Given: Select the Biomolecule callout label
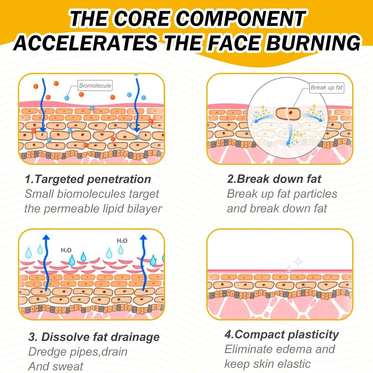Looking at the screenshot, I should tap(95, 85).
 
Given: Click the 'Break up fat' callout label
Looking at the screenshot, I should tap(326, 88).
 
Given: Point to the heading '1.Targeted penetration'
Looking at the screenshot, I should tap(88, 179).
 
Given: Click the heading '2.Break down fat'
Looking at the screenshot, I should tap(274, 179).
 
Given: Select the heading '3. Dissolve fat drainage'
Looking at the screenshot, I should tap(94, 337).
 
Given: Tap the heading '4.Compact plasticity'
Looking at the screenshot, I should tap(281, 334).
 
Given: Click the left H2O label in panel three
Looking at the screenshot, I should tap(66, 250).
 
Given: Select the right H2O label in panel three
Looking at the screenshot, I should tap(122, 241).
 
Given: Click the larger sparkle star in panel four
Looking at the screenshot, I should tap(298, 262).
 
